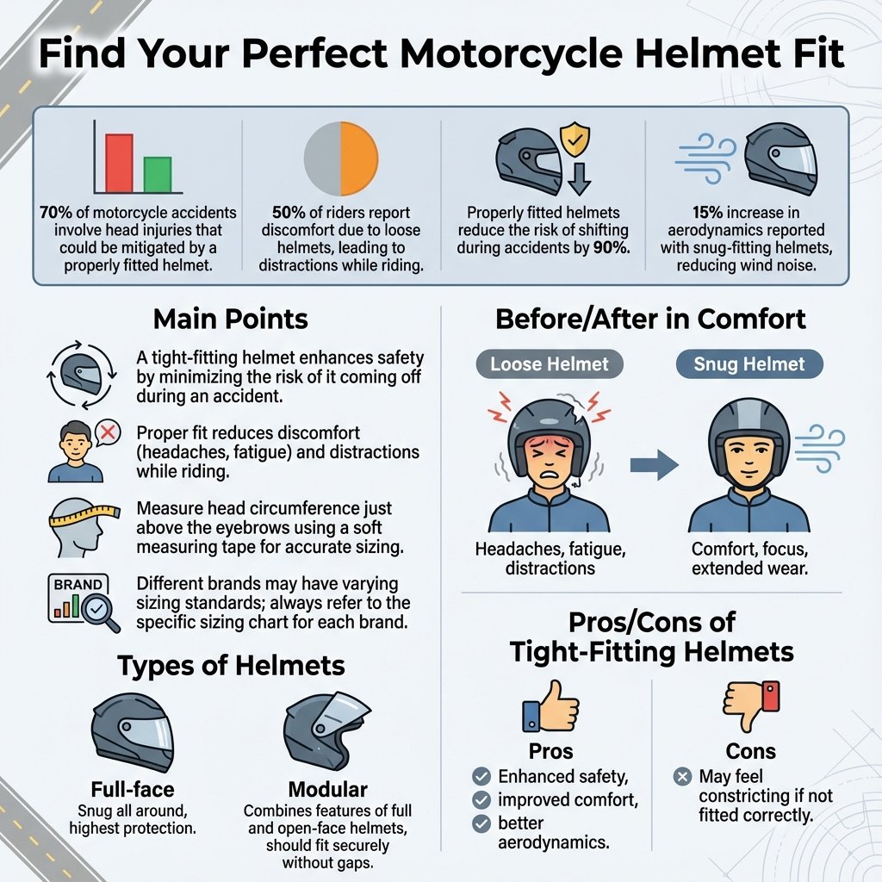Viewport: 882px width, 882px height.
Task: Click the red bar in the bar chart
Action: pos(119,162)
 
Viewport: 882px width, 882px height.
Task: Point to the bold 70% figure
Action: pos(55,211)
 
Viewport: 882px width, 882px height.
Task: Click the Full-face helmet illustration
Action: pos(132,731)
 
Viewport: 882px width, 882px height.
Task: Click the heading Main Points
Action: pos(230,320)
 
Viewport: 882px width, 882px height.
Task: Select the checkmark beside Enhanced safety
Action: pos(481,776)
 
